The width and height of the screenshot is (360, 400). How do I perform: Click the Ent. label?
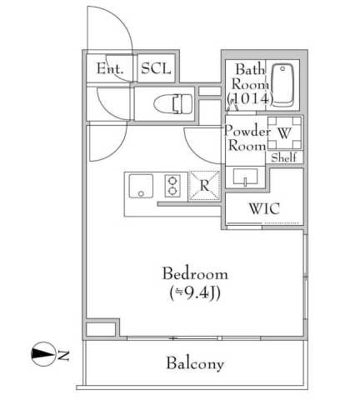pos(110,68)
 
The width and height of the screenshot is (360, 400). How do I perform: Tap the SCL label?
pos(156,68)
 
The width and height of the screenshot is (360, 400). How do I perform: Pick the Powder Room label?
pos(247,138)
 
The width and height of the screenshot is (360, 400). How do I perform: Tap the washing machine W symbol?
pos(284,132)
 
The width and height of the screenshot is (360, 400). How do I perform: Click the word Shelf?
pos(284,157)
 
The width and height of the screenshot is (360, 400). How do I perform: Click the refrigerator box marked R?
pos(203,185)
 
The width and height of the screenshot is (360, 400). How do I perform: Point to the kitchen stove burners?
pos(173,184)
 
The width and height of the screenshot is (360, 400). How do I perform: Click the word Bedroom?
pos(194,274)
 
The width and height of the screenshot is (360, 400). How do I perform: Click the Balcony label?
pos(194,364)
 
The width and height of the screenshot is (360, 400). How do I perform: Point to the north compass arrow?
pos(42,355)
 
